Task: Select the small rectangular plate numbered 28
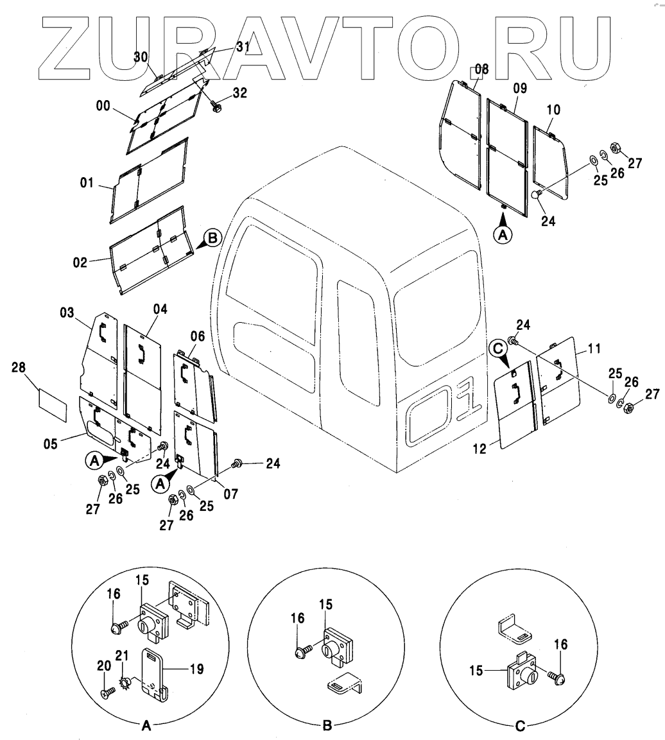pyautogui.click(x=53, y=405)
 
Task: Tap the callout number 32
pyautogui.click(x=239, y=93)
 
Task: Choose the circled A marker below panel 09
pyautogui.click(x=503, y=235)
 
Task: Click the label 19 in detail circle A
pyautogui.click(x=196, y=669)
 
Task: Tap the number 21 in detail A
pyautogui.click(x=122, y=655)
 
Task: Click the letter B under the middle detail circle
pyautogui.click(x=327, y=726)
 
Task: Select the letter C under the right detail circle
pyautogui.click(x=520, y=726)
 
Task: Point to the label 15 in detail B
pyautogui.click(x=326, y=604)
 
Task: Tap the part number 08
pyautogui.click(x=481, y=70)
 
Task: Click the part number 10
pyautogui.click(x=553, y=110)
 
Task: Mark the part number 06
pyautogui.click(x=198, y=336)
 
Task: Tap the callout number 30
pyautogui.click(x=141, y=57)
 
